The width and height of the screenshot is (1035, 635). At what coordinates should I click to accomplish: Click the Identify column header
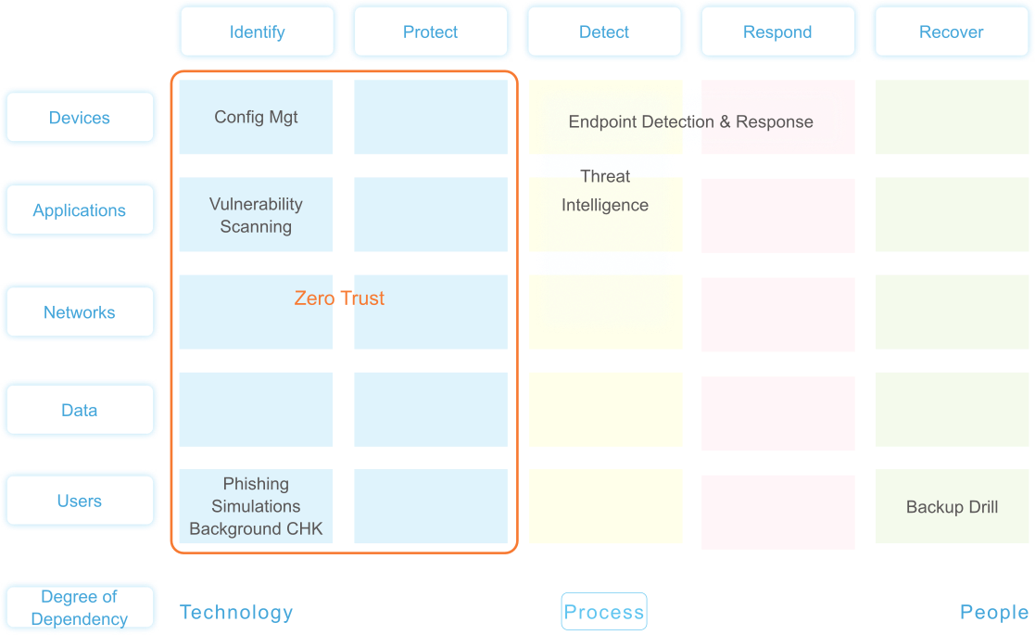pos(257,32)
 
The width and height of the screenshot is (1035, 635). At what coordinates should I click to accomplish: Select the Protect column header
pos(430,32)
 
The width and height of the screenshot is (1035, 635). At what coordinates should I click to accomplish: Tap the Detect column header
pos(604,32)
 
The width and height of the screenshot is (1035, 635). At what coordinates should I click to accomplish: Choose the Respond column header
pos(777,32)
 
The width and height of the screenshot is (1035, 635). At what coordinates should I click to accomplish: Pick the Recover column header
pos(951,32)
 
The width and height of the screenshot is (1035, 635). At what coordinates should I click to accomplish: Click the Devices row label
pos(80,118)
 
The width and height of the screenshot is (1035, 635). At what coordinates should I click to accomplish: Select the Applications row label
pos(80,210)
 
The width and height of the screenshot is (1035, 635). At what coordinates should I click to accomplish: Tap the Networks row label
pos(80,312)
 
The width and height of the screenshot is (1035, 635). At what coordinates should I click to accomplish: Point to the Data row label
pos(80,410)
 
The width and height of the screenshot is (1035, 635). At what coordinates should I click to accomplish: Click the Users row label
pos(80,501)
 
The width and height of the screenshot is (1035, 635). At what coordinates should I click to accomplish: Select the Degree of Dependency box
pos(80,608)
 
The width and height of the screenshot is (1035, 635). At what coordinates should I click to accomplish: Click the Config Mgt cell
pos(256,117)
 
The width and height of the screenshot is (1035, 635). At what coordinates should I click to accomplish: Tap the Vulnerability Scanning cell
pos(256,215)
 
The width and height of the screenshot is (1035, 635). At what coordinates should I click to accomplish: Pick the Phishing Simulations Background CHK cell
pos(256,506)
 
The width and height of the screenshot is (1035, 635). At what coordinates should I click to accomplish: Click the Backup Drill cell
pos(952,507)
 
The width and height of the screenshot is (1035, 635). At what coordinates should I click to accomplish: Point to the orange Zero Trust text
pos(339,298)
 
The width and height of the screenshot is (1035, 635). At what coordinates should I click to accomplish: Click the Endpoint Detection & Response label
pos(690,121)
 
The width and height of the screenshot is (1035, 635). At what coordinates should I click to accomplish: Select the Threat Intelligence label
pos(605,191)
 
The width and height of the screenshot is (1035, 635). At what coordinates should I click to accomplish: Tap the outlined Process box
pos(604,612)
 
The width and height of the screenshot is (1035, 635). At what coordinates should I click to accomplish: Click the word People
pos(994,612)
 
